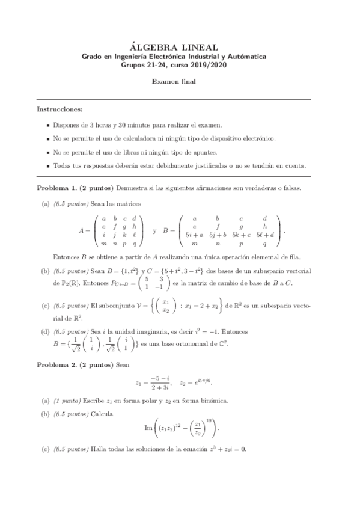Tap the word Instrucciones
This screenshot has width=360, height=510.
coord(60,110)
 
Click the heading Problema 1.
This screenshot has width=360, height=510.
coord(57,188)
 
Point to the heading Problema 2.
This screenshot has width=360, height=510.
coord(57,364)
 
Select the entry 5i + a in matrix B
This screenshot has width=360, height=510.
coord(194,235)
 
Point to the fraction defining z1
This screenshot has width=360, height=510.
coord(162,382)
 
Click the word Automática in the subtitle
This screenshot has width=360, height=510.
coord(244,57)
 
